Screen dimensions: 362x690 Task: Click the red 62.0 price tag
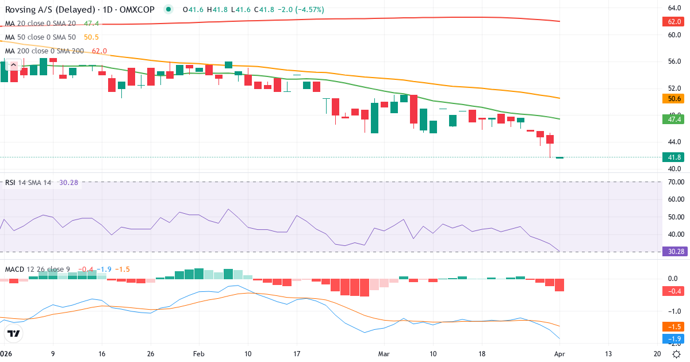674,22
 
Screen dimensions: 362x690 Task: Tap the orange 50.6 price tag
674,99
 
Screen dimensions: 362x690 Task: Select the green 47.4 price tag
674,120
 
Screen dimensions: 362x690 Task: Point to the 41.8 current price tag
674,157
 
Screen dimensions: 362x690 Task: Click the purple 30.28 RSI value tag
674,251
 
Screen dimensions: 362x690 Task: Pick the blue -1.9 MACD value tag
674,339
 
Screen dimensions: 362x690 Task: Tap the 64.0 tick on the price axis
674,8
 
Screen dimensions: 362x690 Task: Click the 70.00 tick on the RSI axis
674,182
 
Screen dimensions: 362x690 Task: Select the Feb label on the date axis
198,355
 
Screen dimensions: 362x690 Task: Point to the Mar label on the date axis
384,355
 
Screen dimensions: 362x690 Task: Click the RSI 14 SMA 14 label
28,183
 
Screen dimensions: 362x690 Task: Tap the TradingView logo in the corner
14,334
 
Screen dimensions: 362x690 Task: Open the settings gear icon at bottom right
676,355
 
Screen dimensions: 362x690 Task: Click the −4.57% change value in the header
308,10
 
